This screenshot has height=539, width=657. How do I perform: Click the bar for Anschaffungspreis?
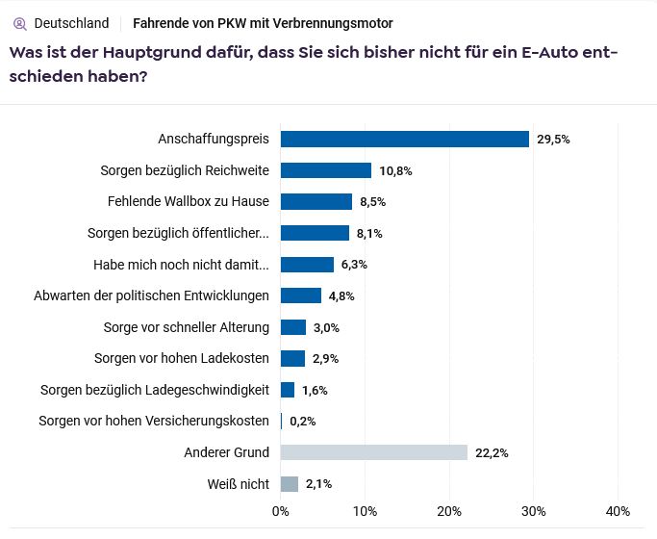point(404,139)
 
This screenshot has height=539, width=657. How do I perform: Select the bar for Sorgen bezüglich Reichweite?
point(325,170)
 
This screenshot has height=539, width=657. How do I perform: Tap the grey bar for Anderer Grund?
point(373,452)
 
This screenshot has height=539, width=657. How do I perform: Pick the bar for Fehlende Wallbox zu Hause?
point(316,201)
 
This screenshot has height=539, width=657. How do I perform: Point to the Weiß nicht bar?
point(289,484)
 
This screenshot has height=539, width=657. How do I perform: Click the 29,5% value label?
point(553,139)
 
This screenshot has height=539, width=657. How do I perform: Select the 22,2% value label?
point(492,452)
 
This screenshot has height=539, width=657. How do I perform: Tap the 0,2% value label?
point(302,421)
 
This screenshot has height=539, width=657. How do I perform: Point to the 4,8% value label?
point(341,295)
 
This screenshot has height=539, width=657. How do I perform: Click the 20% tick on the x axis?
point(449,511)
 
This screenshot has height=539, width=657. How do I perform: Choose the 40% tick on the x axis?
point(618,511)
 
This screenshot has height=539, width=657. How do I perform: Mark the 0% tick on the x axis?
point(281,511)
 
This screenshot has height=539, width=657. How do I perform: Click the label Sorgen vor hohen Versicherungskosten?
point(154,421)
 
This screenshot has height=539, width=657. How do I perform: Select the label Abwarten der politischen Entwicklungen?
point(151,295)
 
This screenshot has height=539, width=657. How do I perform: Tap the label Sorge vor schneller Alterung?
point(187,327)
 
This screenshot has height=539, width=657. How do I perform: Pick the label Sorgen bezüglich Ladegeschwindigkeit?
point(155,390)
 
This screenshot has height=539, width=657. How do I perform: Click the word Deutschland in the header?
point(71,23)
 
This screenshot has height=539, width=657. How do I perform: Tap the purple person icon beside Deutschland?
point(19,23)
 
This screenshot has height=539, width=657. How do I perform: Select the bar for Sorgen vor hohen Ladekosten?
point(292,358)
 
